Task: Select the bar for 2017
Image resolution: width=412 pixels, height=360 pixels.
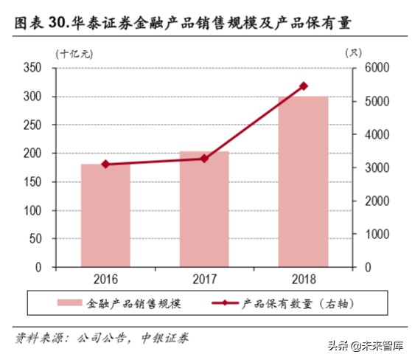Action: tap(204, 210)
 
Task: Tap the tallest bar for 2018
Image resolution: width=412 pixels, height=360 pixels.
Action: tap(303, 181)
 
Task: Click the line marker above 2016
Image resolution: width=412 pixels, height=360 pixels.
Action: tap(105, 165)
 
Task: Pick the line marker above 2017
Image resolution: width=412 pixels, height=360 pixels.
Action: tap(204, 159)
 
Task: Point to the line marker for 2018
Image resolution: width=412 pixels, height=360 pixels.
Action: tap(304, 86)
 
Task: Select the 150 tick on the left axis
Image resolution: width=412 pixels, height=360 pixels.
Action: tap(33, 182)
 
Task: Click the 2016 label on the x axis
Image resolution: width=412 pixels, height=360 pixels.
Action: tap(105, 280)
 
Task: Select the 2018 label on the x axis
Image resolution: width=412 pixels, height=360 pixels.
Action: tap(303, 280)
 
